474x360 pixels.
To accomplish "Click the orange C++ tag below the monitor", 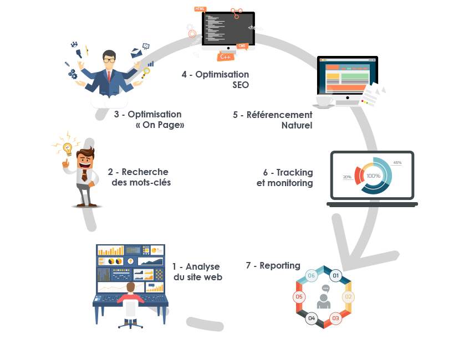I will coord(226,56).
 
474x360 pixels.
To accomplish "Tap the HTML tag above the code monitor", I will coord(200,9).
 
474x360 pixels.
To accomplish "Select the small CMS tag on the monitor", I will coord(242,46).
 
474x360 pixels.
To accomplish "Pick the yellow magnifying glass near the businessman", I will coord(146,70).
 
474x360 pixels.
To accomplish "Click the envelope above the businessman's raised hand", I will coord(137,54).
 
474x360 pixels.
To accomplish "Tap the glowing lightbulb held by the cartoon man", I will coord(67,148).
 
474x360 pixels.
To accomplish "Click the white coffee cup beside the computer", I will coord(324,100).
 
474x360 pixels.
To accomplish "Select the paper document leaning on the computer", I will coord(374,96).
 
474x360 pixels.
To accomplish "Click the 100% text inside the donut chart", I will coord(373,176).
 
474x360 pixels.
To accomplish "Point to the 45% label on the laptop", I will coord(397,163).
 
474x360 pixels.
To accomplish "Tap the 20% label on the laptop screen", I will coord(347,177).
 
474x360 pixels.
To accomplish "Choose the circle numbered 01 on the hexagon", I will coord(335,275).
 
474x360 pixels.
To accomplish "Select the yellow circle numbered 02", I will coord(349,296).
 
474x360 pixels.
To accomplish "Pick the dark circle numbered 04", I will coord(312,318).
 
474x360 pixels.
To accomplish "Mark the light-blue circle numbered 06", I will coord(312,275).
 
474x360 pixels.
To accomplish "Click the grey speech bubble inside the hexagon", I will coord(325,289).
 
